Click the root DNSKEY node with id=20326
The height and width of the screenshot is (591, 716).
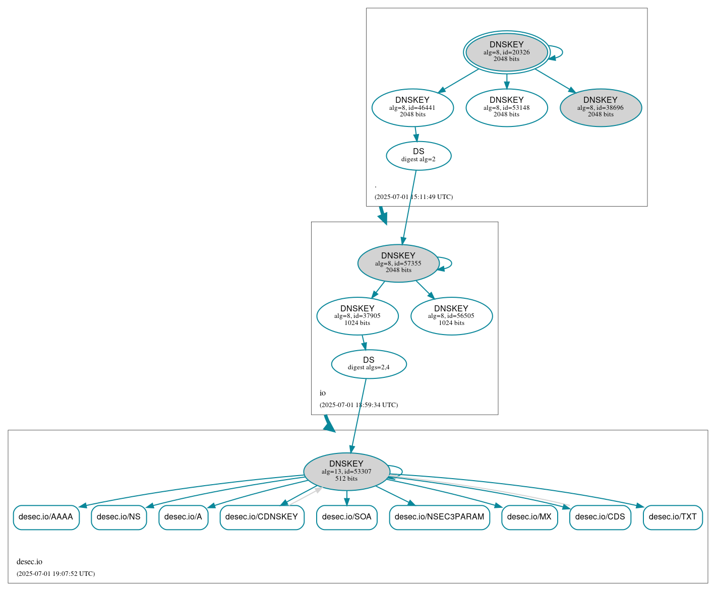506,52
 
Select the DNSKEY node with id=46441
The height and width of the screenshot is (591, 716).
412,107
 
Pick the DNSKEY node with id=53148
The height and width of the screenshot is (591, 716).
506,107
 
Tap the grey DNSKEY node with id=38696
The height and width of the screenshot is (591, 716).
601,107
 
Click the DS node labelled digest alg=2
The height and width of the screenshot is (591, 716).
419,156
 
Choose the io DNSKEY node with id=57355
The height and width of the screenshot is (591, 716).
398,263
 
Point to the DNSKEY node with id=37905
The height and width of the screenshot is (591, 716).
357,316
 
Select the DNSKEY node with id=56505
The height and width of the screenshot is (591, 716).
451,316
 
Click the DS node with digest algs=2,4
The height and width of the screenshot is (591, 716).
369,364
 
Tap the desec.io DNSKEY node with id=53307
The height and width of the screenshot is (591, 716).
346,471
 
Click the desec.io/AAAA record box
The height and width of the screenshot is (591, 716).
46,517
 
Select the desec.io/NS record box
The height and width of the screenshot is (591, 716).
118,517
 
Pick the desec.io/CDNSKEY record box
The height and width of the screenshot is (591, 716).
262,517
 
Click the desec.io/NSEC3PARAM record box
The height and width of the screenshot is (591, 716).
439,517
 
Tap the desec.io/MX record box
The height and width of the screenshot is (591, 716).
529,517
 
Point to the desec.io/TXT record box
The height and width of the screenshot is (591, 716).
673,517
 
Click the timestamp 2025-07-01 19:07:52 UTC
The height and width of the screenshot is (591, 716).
55,574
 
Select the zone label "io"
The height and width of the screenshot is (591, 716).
323,393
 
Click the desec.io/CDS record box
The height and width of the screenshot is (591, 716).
600,517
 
